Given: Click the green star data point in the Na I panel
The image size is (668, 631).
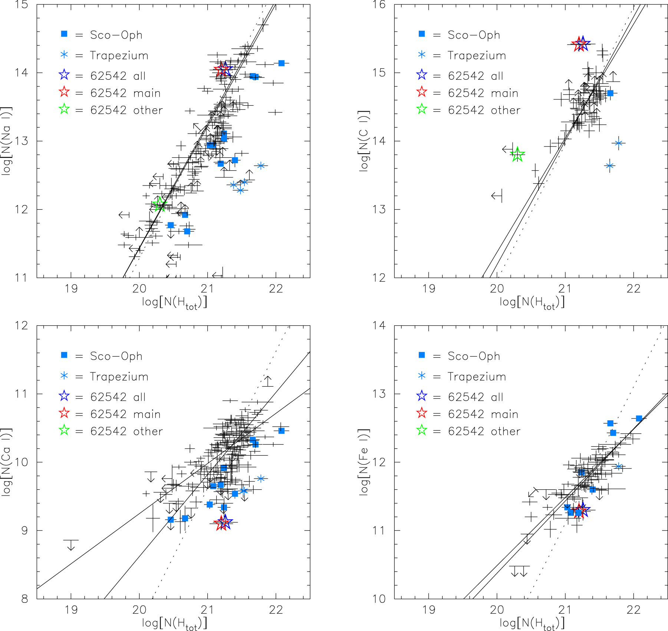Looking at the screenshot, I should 159,204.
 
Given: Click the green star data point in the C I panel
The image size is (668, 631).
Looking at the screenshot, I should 517,154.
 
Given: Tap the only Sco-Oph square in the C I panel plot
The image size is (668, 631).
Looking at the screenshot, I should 610,93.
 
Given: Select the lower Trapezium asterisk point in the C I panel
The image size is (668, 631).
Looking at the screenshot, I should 610,166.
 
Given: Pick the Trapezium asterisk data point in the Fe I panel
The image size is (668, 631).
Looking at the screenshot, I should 618,466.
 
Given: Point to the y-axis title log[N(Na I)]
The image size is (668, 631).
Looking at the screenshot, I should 7,141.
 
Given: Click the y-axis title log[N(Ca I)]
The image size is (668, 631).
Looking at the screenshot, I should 7,462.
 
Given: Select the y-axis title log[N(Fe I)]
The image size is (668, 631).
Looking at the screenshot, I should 364,462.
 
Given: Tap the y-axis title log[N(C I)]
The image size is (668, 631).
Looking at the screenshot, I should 364,141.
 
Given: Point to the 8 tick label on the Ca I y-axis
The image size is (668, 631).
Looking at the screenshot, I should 24,599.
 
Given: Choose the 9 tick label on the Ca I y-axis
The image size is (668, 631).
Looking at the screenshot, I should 24,531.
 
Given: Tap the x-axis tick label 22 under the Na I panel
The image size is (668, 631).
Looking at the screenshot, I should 276,289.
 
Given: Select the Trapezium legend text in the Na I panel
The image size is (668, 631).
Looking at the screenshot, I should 119,56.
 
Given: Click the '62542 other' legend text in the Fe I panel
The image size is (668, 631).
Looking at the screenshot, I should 484,431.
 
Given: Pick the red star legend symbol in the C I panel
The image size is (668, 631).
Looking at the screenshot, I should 422,92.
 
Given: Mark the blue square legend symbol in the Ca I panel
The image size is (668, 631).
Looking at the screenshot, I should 64,355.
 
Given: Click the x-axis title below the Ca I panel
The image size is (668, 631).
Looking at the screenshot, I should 174,623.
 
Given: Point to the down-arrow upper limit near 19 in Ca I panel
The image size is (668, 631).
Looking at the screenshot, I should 71,545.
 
